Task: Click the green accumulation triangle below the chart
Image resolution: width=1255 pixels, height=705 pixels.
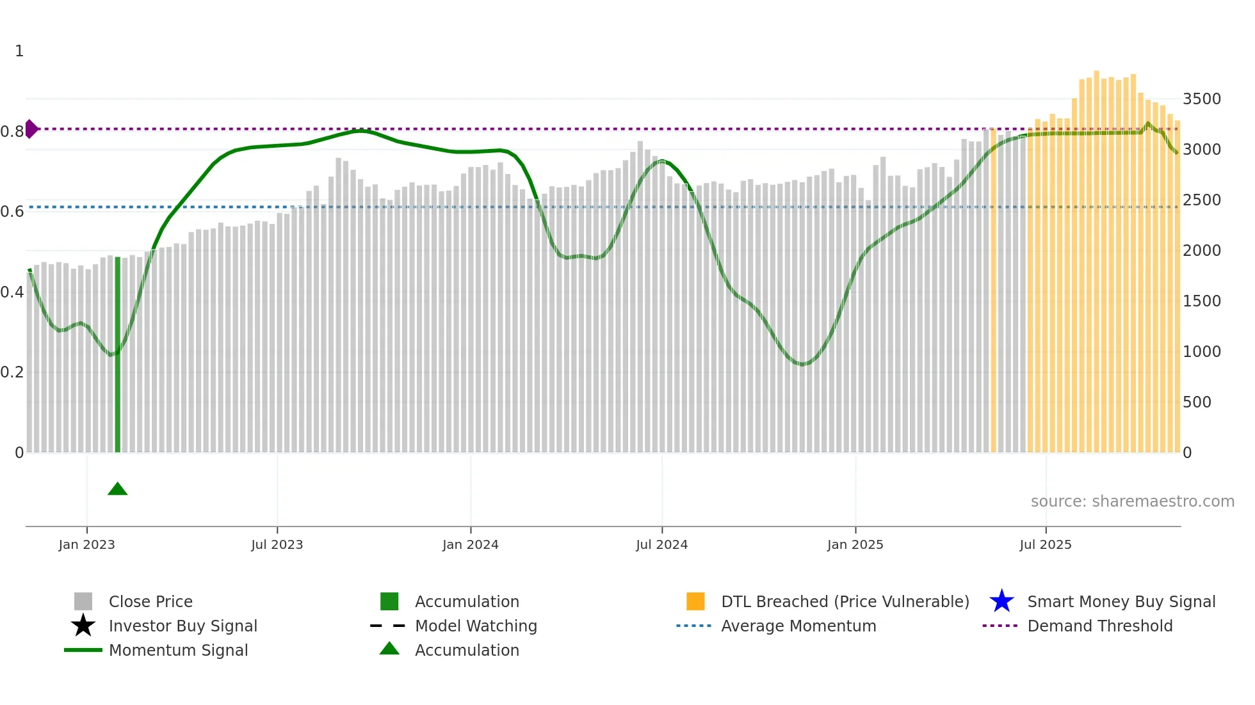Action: point(117,489)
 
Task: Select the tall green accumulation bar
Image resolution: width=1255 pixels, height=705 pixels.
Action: point(117,355)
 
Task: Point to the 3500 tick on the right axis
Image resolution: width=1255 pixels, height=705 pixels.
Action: point(1201,99)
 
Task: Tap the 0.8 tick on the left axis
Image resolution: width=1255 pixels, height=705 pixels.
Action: point(12,132)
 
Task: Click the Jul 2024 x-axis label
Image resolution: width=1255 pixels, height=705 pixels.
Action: point(661,544)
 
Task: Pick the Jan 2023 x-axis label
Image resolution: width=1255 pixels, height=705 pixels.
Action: point(86,544)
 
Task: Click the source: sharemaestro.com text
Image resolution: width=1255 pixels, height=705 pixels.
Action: point(1132,502)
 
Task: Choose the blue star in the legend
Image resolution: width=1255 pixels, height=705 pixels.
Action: point(1001,601)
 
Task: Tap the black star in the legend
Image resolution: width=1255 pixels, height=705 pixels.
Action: point(83,626)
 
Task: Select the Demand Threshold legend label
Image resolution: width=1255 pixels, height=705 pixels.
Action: point(1099,626)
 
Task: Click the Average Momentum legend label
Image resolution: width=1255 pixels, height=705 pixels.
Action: point(798,626)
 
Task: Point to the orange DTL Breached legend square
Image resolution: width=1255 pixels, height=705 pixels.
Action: point(695,601)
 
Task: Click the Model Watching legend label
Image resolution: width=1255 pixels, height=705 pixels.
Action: point(476,626)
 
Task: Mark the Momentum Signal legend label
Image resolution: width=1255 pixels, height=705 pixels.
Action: point(178,650)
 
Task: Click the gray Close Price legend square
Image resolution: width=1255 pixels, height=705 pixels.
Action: point(83,601)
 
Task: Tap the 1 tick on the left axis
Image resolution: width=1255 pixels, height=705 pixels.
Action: point(19,51)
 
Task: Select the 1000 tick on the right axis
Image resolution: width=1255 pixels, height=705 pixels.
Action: point(1201,352)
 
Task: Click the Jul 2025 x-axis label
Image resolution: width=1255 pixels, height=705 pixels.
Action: point(1045,544)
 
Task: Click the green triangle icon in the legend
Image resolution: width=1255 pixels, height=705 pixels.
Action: point(389,649)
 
